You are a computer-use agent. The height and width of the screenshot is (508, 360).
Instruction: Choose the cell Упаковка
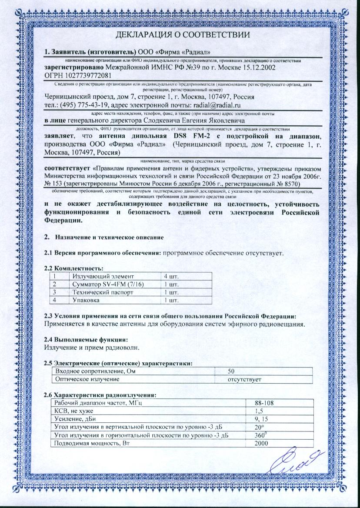(x=87, y=300)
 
